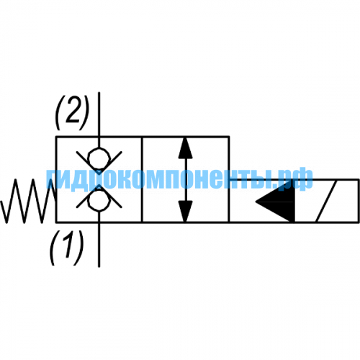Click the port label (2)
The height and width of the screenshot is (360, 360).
pyautogui.click(x=72, y=112)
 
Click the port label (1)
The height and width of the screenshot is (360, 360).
pyautogui.click(x=66, y=248)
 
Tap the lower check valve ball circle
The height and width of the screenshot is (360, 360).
pyautogui.click(x=99, y=201)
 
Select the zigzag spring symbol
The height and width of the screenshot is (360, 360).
pyautogui.click(x=28, y=201)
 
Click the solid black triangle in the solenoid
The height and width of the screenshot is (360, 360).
pyautogui.click(x=275, y=201)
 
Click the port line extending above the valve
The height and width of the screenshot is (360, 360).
pyautogui.click(x=99, y=114)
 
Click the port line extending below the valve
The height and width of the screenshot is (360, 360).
pyautogui.click(x=99, y=245)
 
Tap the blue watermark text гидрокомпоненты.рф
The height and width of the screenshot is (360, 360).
pyautogui.click(x=179, y=179)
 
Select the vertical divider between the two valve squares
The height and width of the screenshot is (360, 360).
pyautogui.click(x=142, y=179)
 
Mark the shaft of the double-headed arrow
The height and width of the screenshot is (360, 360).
pyautogui.click(x=185, y=179)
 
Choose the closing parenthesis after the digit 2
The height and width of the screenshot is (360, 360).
pyautogui.click(x=85, y=112)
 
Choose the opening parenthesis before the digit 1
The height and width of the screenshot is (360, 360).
pyautogui.click(x=53, y=248)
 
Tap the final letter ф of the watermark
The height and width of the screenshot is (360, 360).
pyautogui.click(x=304, y=179)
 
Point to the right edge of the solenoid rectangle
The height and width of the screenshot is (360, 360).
pyautogui.click(x=359, y=201)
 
